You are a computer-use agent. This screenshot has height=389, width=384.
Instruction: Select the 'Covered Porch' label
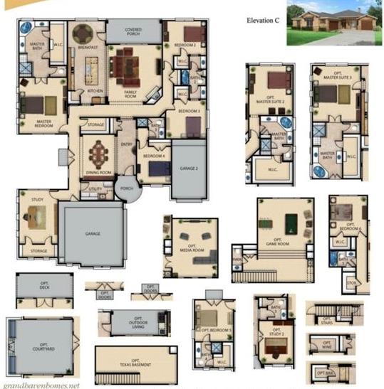pyautogui.click(x=133, y=31)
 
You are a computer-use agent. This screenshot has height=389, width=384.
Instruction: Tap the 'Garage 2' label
pyautogui.click(x=188, y=169)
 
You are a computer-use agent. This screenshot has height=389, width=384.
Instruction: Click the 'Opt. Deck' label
pyautogui.click(x=44, y=285)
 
